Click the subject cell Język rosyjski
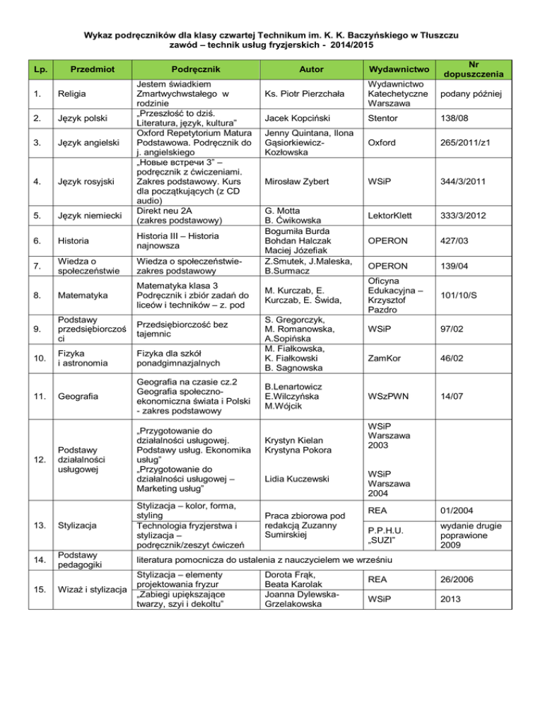click(x=84, y=182)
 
